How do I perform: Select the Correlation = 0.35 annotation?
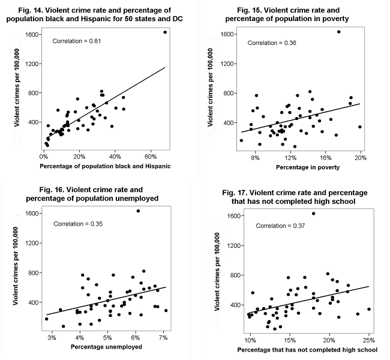(x=78, y=224)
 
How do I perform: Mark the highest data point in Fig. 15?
(x=338, y=32)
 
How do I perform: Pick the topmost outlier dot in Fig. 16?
(x=138, y=211)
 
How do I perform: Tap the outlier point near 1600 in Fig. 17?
(x=313, y=214)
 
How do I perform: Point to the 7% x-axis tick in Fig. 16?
(x=163, y=338)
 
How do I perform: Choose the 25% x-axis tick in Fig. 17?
(x=368, y=340)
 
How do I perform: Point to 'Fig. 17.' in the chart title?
(x=236, y=193)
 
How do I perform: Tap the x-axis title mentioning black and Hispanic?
(x=105, y=166)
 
